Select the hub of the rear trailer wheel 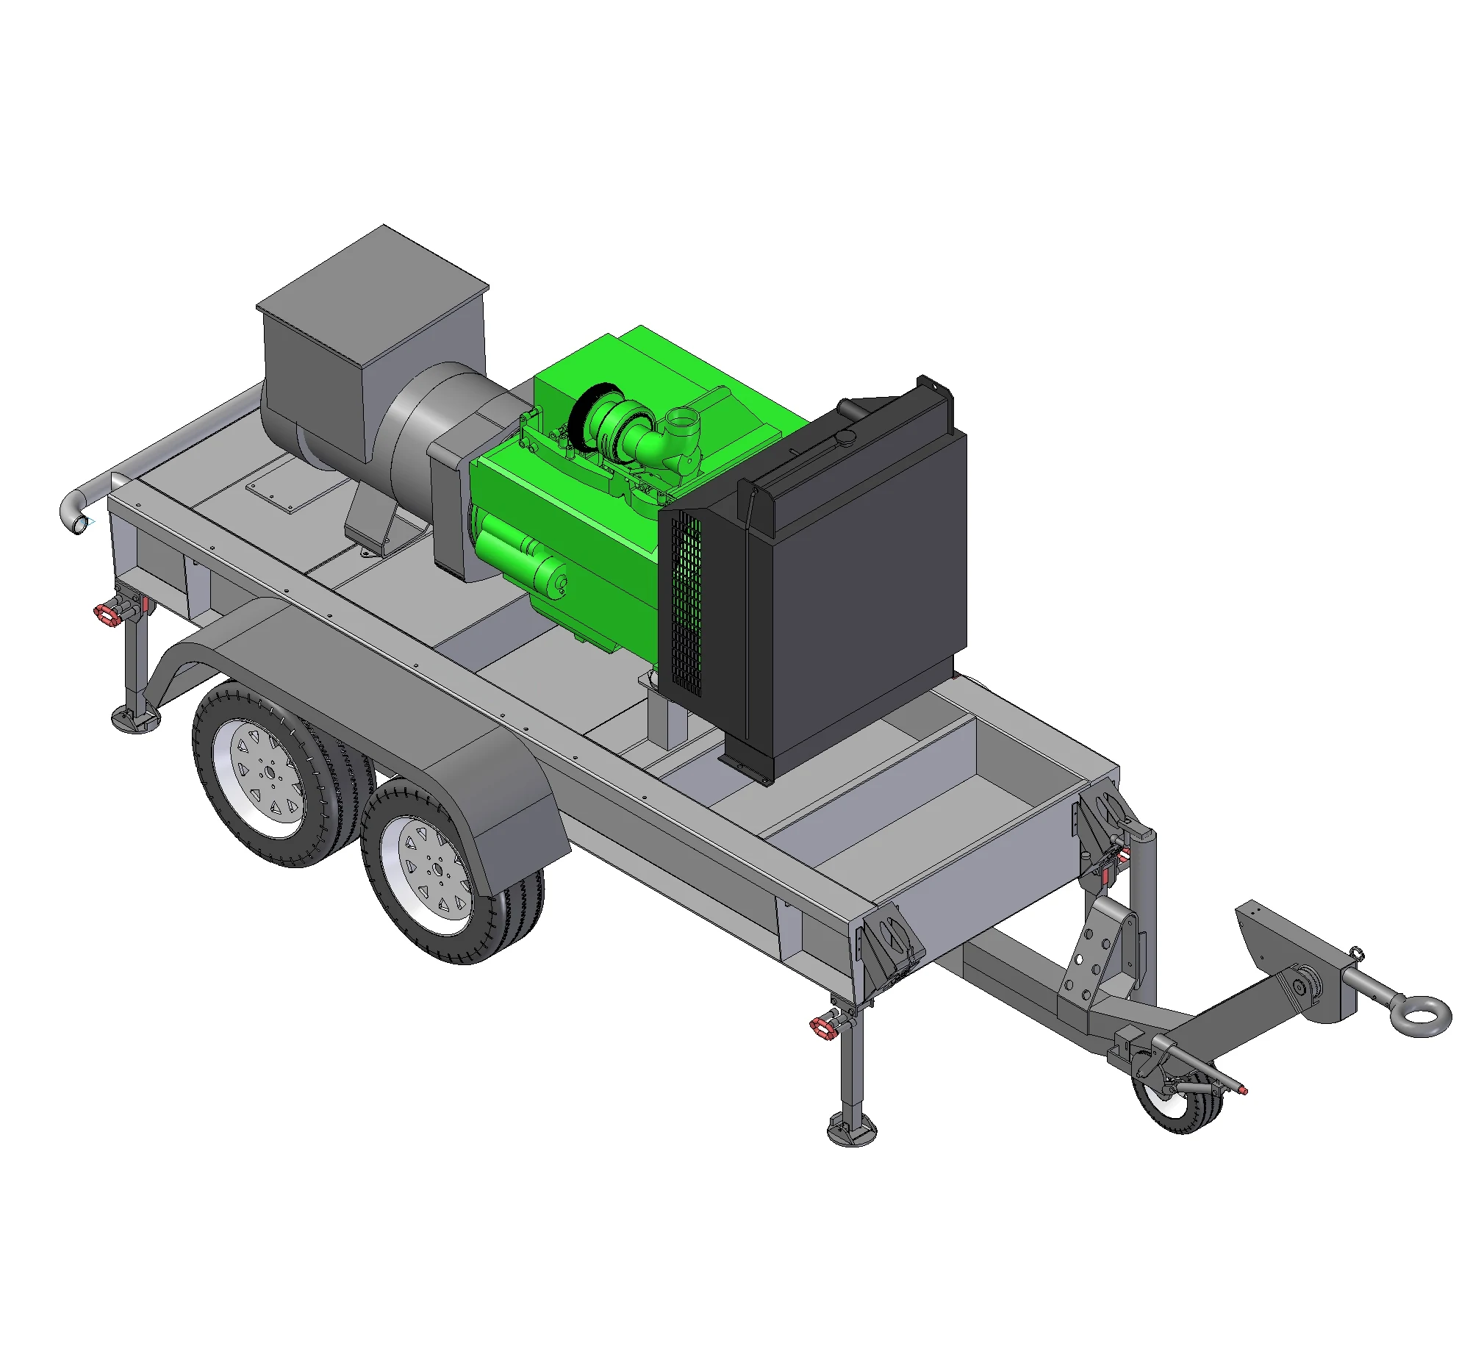click(269, 774)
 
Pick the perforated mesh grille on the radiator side click(686, 603)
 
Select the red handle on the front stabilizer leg click(822, 1026)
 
